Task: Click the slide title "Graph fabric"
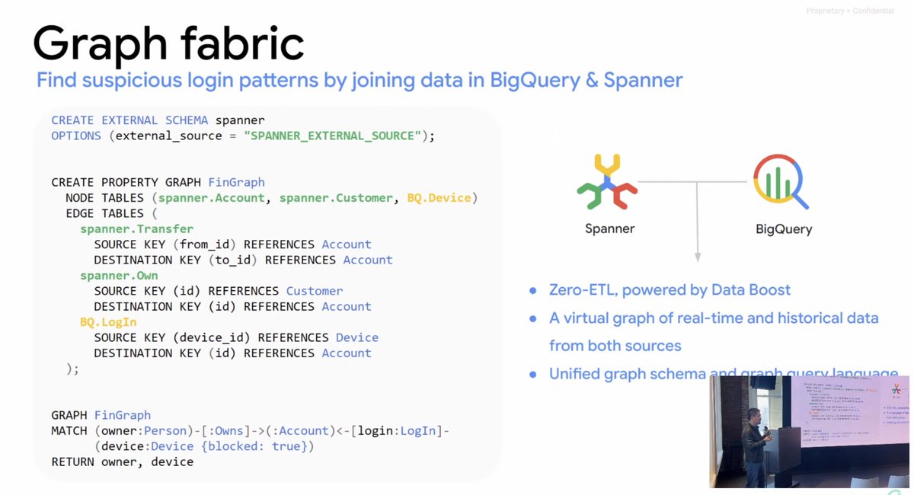168,43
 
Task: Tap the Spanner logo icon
607,181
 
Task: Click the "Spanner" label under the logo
609,228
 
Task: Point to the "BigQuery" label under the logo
784,228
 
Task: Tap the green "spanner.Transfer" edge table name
137,229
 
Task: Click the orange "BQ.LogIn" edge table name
108,322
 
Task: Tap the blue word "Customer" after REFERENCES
315,291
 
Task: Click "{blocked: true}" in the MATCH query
255,446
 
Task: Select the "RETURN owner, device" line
122,461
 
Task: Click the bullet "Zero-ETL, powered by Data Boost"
670,290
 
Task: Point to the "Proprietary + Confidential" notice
850,10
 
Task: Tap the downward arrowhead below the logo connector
697,260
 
